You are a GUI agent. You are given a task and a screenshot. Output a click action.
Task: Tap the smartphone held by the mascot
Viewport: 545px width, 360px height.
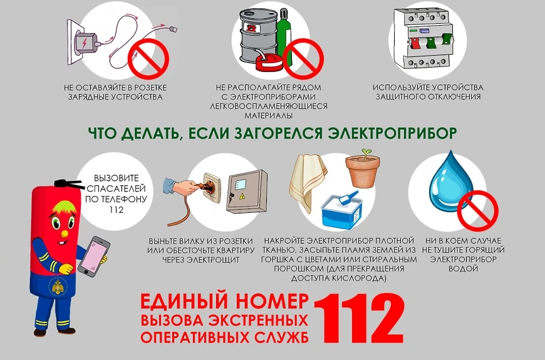click(94, 256)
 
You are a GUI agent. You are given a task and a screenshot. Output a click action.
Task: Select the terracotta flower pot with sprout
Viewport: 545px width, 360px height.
click(363, 168)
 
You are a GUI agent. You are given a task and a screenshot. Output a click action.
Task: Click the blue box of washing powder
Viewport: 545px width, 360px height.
click(342, 210)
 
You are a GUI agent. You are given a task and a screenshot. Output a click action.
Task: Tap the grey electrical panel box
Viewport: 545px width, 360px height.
click(247, 192)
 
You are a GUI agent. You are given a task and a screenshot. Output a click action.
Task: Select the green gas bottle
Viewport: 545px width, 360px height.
click(284, 37)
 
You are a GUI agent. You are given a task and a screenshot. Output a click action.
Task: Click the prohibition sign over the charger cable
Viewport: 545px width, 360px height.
click(148, 59)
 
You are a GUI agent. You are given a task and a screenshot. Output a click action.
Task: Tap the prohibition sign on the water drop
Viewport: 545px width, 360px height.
click(477, 210)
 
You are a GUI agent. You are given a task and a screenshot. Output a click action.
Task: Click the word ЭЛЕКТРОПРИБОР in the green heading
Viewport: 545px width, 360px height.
click(392, 133)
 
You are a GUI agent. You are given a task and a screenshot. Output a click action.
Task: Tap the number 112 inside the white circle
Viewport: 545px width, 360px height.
click(116, 210)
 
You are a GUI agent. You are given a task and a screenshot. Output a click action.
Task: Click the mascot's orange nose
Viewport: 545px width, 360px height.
click(65, 234)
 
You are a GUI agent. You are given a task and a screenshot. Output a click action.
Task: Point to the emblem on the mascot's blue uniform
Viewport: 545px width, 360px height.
click(58, 287)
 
